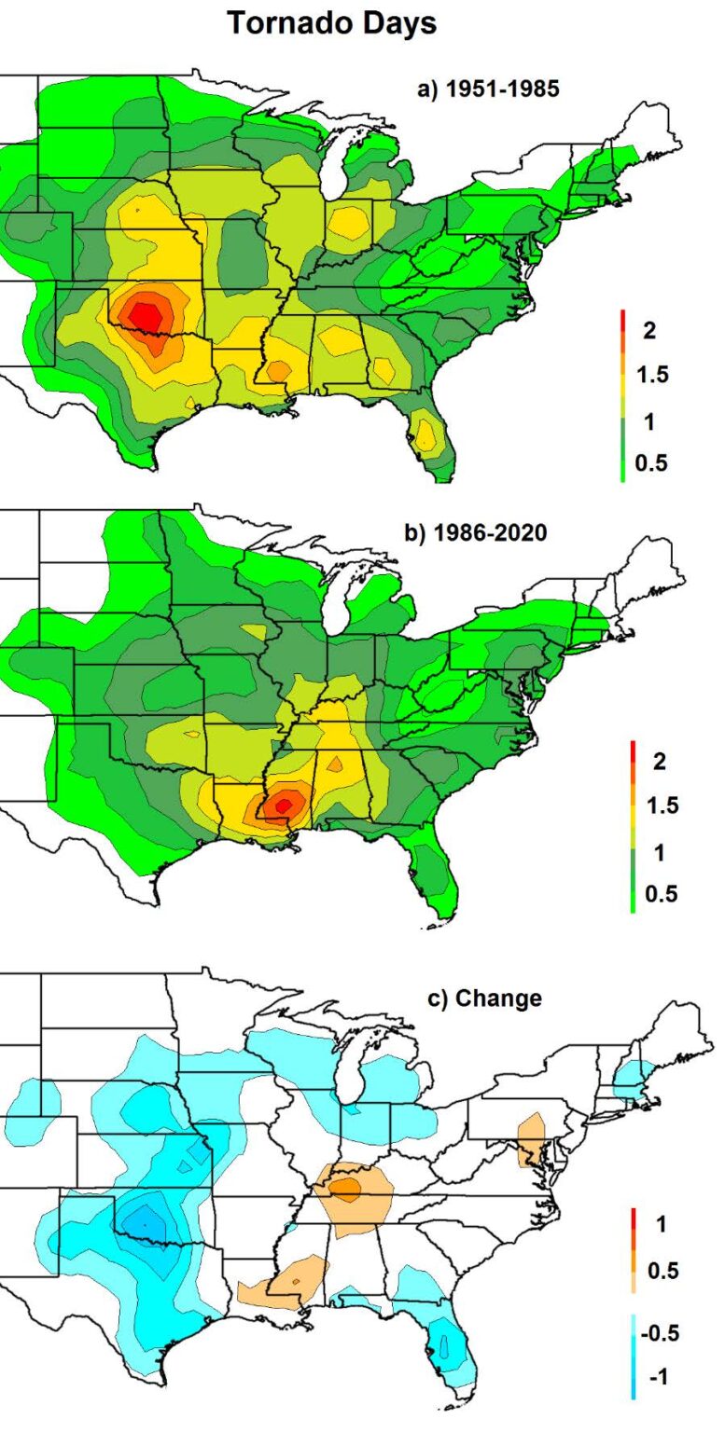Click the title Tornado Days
[332, 23]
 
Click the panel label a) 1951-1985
[488, 89]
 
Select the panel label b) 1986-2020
[476, 532]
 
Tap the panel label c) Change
[484, 998]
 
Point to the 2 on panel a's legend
[649, 331]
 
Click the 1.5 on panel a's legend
[652, 375]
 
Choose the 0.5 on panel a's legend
[650, 462]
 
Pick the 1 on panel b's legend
[659, 852]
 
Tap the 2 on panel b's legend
[660, 761]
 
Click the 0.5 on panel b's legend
[661, 893]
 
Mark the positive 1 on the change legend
[661, 1223]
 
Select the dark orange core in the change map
[345, 1188]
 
